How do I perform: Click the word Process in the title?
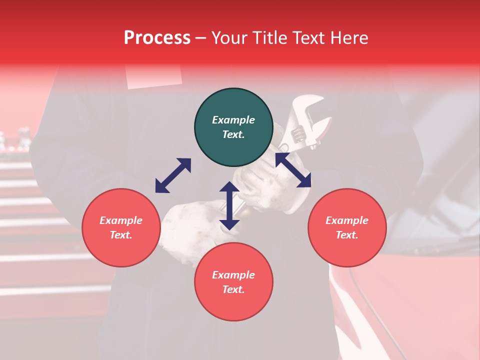[157, 38]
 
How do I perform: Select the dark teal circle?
[233, 127]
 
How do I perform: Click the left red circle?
[121, 227]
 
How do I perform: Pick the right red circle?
[347, 227]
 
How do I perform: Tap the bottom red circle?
[233, 281]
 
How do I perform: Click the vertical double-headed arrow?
[229, 205]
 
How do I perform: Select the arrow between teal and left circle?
[173, 175]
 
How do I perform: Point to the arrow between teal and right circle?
[293, 170]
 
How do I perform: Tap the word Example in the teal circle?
[233, 120]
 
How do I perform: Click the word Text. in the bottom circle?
[233, 289]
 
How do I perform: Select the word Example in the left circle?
[121, 220]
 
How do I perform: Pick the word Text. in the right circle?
[347, 235]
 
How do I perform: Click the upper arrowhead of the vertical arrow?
[229, 187]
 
